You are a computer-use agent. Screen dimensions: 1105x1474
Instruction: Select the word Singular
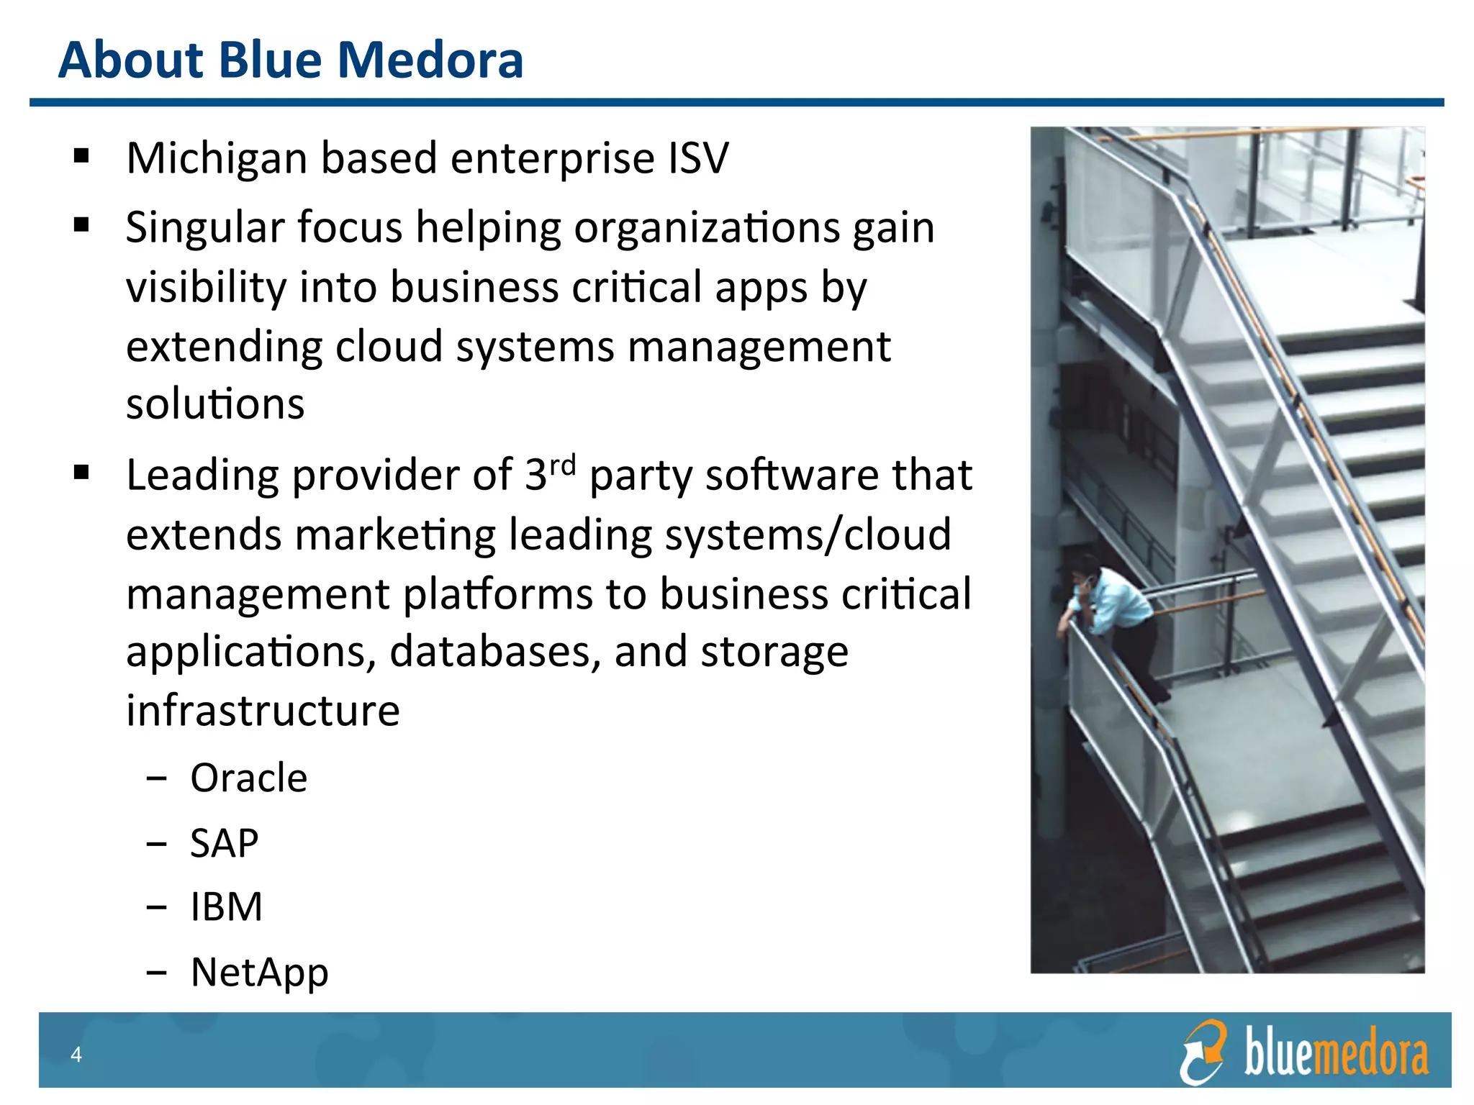pyautogui.click(x=204, y=228)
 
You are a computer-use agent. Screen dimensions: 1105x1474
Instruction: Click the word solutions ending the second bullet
pyautogui.click(x=214, y=404)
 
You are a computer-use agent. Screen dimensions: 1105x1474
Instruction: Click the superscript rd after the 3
pyautogui.click(x=563, y=465)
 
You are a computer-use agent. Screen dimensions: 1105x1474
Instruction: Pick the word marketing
pyautogui.click(x=395, y=535)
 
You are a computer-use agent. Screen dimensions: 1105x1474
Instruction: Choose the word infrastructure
pyautogui.click(x=263, y=711)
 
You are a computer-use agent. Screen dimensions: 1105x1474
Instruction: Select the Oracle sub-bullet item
pyautogui.click(x=248, y=778)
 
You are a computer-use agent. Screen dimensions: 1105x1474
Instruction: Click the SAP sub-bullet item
pyautogui.click(x=224, y=843)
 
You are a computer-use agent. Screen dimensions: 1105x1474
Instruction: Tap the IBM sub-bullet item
pyautogui.click(x=226, y=906)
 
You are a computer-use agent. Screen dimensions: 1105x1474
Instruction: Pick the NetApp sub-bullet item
pyautogui.click(x=259, y=972)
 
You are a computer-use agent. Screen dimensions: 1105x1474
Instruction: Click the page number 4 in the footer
pyautogui.click(x=76, y=1055)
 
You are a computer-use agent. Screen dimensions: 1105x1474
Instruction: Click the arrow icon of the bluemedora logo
pyautogui.click(x=1202, y=1051)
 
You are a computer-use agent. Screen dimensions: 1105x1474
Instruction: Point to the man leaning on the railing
pyautogui.click(x=1112, y=611)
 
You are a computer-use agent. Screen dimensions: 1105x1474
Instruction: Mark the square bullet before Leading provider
pyautogui.click(x=81, y=473)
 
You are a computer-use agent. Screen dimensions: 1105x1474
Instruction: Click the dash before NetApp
pyautogui.click(x=155, y=973)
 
